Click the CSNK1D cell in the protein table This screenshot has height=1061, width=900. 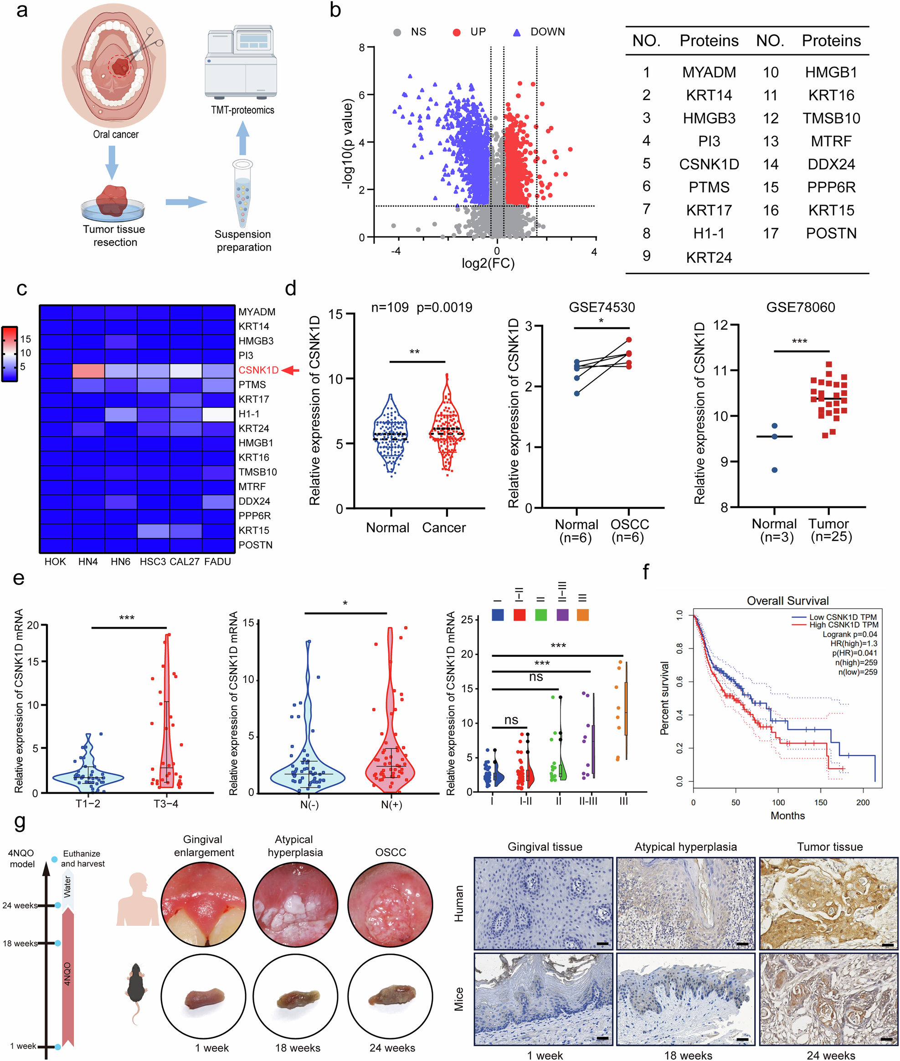tap(709, 164)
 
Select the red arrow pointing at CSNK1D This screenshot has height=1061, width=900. tap(291, 370)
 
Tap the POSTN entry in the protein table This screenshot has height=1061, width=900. tap(831, 233)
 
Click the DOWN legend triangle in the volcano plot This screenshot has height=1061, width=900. tap(516, 33)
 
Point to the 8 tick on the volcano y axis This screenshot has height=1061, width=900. tap(362, 47)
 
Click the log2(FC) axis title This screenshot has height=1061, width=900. tap(488, 263)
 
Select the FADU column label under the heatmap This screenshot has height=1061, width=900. tap(217, 562)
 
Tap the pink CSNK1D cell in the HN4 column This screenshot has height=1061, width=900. tap(88, 370)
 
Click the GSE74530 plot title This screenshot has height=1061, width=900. tap(602, 307)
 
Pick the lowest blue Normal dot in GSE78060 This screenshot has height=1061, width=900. tap(775, 470)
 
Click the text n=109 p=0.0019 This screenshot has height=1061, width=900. tap(422, 307)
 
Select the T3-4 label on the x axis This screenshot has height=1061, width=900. tap(166, 804)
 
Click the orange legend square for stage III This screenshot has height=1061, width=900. tap(583, 615)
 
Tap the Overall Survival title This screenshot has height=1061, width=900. tap(787, 600)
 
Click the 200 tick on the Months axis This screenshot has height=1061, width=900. tap(862, 802)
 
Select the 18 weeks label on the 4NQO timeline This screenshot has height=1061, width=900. tap(20, 943)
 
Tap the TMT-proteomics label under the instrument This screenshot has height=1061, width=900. tap(242, 110)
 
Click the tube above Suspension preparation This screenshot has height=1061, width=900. tap(242, 193)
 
